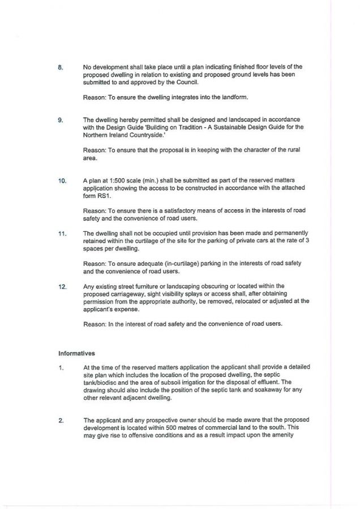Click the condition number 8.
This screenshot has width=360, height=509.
[61, 68]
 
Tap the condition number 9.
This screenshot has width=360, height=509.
[61, 120]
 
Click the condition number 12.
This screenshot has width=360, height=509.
[62, 286]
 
